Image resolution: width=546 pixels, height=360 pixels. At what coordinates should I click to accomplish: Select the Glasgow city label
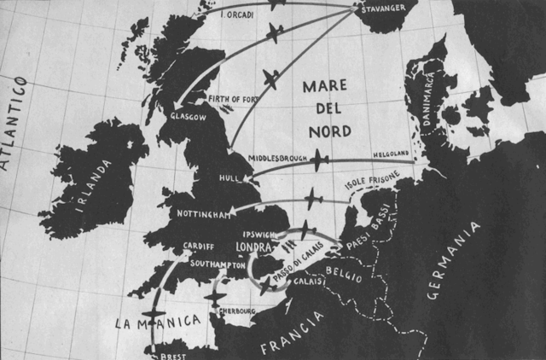tap(189, 116)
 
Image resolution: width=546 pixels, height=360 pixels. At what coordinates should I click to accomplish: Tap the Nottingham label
tap(202, 213)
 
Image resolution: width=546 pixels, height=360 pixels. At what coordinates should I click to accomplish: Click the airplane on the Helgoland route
tap(320, 160)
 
